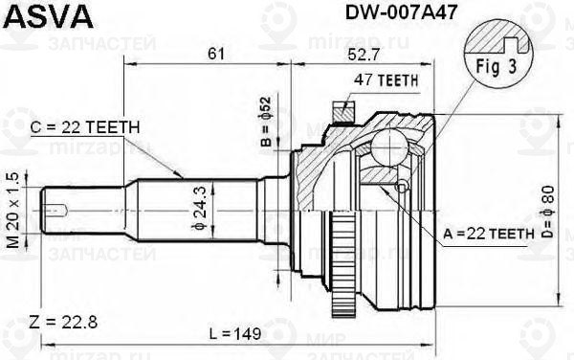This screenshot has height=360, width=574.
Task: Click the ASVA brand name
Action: tap(48, 17)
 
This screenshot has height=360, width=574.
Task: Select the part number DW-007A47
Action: tap(401, 12)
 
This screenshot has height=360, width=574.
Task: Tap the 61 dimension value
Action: tap(216, 54)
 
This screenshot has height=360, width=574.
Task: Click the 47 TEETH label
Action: tap(386, 80)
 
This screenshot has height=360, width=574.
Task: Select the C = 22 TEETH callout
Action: tap(85, 127)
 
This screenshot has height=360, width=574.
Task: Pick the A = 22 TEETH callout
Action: tap(489, 233)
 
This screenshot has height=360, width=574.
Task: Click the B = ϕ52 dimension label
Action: tap(267, 122)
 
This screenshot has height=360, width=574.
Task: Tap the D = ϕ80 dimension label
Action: tap(548, 213)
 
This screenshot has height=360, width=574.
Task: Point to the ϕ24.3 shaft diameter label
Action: tap(200, 208)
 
